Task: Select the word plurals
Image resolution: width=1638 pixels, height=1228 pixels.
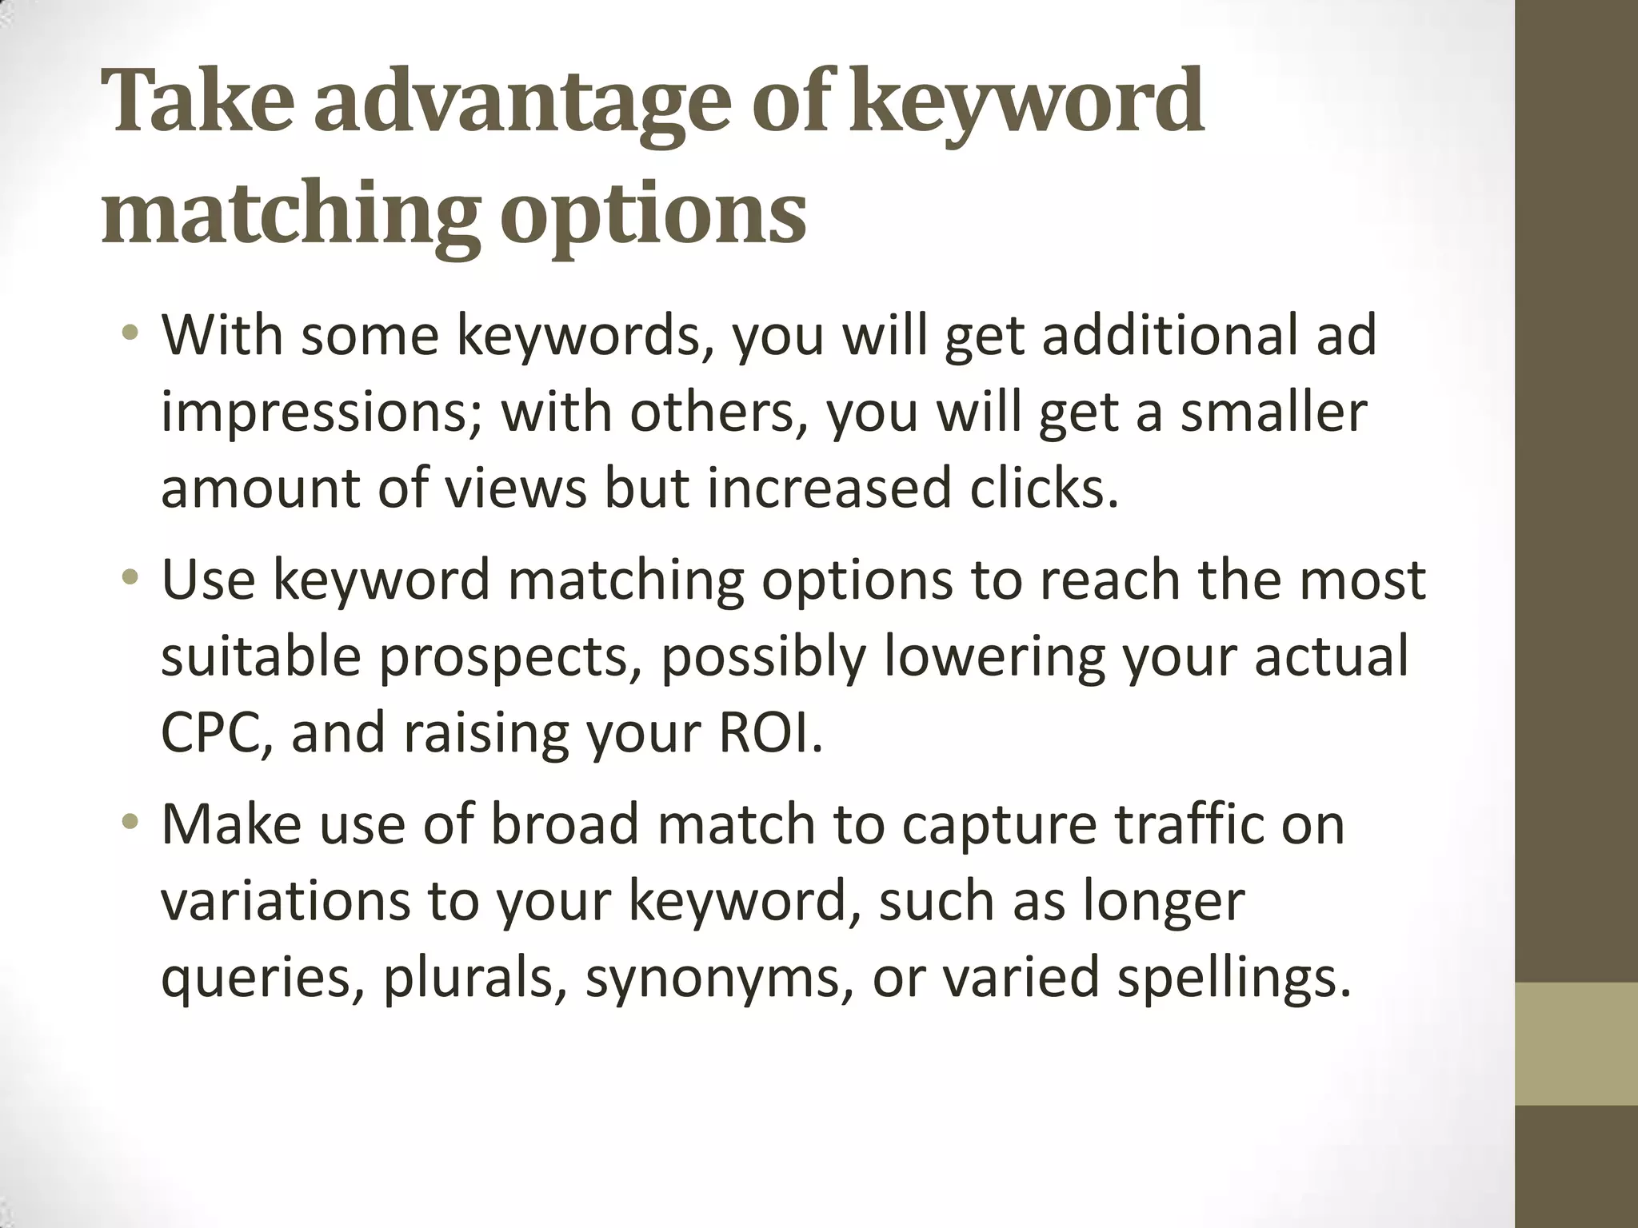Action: [469, 979]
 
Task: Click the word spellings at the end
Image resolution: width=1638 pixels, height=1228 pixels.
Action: [1232, 980]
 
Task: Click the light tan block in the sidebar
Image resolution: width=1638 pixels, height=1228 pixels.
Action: [1576, 1044]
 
